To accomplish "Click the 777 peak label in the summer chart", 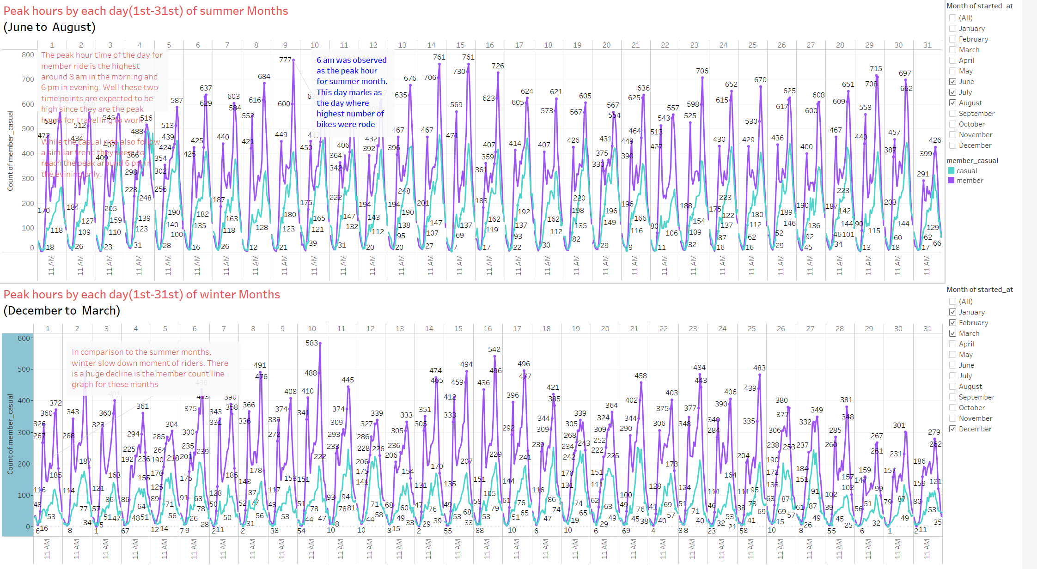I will (285, 60).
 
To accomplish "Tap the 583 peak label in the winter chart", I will (311, 343).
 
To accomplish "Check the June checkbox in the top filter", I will (952, 82).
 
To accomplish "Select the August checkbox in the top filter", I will (952, 103).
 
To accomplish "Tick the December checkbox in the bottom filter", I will (952, 429).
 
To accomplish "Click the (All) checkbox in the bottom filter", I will (952, 302).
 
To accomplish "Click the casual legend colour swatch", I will (951, 171).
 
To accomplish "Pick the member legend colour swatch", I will (951, 181).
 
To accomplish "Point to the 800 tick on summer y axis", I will (28, 54).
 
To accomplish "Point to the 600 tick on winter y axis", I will (24, 338).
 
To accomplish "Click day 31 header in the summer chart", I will (927, 45).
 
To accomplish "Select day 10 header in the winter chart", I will (312, 329).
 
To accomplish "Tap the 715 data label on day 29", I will (876, 68).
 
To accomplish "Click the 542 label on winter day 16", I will (494, 349).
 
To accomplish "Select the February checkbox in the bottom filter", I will (952, 323).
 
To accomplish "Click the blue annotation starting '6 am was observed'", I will (351, 92).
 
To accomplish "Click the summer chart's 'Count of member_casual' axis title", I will (10, 151).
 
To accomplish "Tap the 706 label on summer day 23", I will (702, 71).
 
